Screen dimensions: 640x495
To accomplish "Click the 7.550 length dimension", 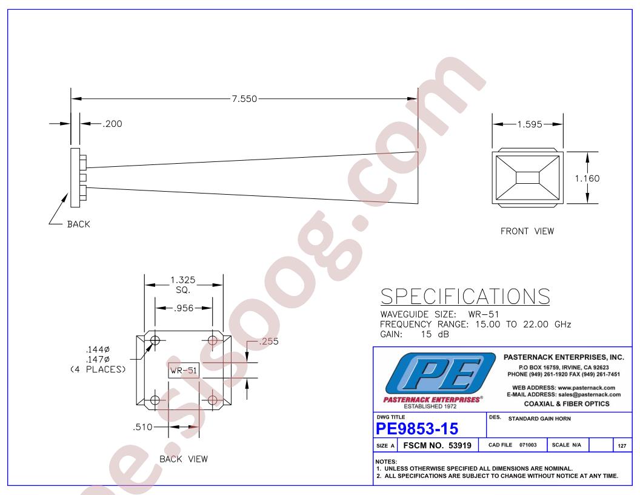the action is pos(244,99).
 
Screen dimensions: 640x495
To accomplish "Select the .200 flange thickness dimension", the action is pos(112,124).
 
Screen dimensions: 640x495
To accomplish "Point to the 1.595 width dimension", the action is pos(529,124).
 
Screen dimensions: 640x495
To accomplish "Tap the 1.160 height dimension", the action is pos(587,178).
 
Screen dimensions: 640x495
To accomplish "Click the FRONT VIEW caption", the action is pos(527,231).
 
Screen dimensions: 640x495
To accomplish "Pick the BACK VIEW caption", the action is pos(184,459).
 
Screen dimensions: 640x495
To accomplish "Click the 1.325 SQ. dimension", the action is pos(183,285).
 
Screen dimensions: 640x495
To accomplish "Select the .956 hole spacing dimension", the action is pos(184,308).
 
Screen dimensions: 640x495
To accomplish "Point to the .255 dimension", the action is pos(268,342).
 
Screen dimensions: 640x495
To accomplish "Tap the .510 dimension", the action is pos(142,427).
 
